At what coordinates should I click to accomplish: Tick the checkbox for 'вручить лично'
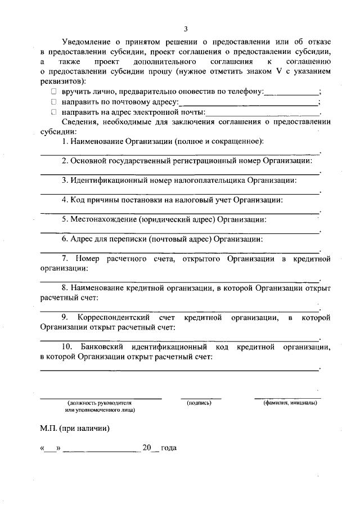tap(53, 91)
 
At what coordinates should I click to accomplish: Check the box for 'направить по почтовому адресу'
tap(53, 102)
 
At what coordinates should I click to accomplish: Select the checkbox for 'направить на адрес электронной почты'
tap(53, 112)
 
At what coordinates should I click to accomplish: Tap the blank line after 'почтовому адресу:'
tap(248, 105)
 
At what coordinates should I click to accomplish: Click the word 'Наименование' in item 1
tap(99, 141)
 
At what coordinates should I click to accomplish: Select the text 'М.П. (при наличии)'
tap(74, 428)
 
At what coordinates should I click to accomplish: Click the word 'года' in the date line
tap(169, 448)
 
